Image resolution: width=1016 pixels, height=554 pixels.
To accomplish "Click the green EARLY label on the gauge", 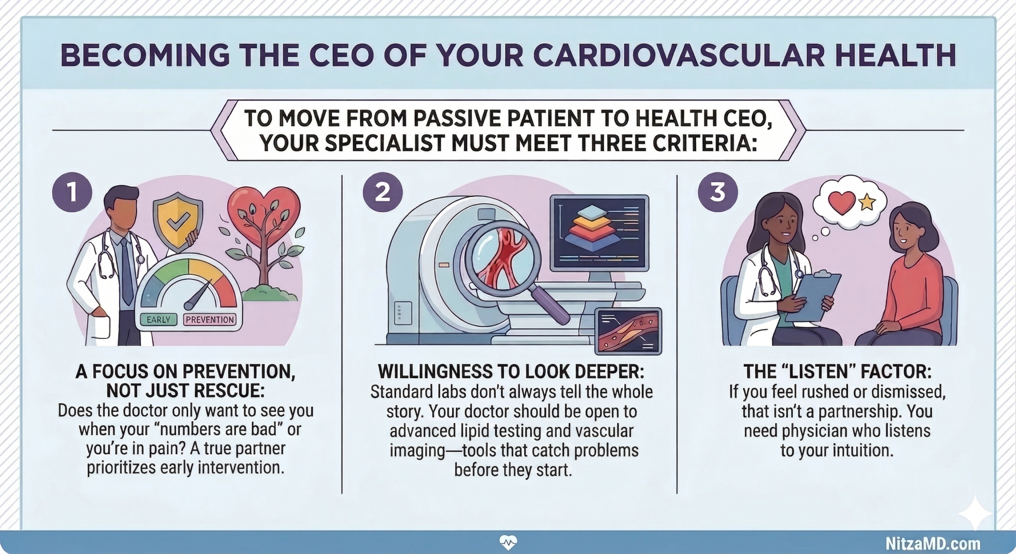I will (x=158, y=320).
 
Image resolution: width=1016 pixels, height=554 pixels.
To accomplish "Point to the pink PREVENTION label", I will (x=210, y=320).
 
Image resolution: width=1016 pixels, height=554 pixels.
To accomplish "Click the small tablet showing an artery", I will (x=628, y=330).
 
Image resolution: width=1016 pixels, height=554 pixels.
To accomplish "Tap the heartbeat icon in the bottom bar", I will (x=508, y=542).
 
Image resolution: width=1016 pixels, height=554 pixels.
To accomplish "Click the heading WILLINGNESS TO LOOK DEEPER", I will (x=511, y=372).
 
